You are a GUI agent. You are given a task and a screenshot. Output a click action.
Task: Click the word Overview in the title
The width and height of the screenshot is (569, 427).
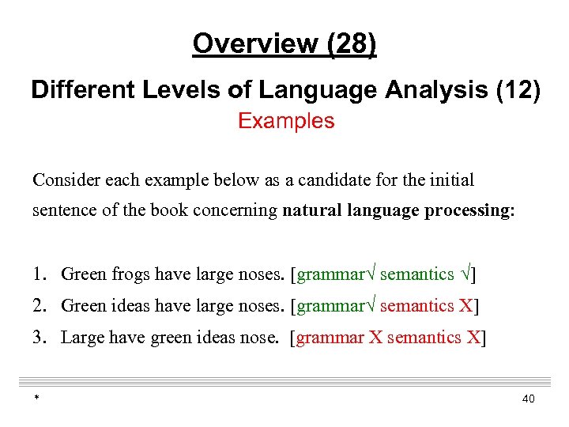point(251,43)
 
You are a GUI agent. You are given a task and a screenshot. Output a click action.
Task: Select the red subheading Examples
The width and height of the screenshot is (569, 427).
point(286,121)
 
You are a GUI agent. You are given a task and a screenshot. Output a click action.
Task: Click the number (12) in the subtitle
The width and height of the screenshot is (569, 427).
point(518,90)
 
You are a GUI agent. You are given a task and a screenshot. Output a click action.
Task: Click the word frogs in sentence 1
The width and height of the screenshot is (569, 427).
point(128,274)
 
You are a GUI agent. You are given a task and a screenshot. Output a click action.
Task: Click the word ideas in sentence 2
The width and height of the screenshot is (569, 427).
point(127,306)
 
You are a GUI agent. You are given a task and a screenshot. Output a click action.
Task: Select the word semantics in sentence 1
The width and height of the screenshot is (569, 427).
point(416,274)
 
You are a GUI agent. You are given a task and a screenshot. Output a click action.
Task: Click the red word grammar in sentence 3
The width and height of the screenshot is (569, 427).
point(330,338)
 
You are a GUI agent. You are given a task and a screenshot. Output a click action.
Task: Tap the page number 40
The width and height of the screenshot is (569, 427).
point(528,399)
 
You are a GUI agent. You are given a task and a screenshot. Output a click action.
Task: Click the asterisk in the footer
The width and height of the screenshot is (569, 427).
point(36,399)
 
